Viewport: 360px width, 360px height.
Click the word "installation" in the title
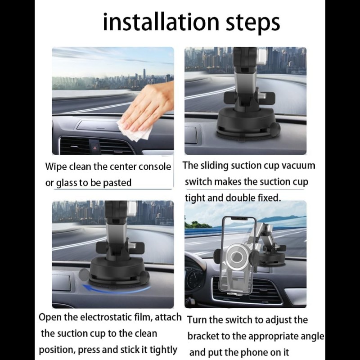pos(161,22)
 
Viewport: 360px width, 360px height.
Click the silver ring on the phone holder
pos(238,256)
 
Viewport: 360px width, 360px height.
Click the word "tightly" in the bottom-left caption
pos(163,351)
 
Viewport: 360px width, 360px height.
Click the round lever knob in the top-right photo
pos(275,129)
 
